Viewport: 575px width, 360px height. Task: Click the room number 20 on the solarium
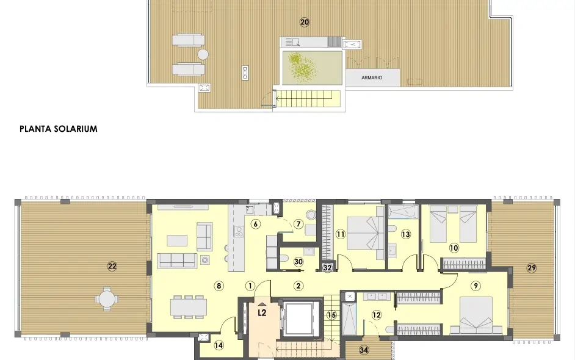pyautogui.click(x=305, y=22)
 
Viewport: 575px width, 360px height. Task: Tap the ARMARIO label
pyautogui.click(x=372, y=78)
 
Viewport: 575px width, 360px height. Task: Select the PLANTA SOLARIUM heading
pyautogui.click(x=59, y=129)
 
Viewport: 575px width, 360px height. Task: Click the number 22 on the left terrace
pyautogui.click(x=112, y=266)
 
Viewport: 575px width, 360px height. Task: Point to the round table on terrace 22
pyautogui.click(x=107, y=299)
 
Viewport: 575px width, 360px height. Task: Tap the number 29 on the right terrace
pyautogui.click(x=531, y=268)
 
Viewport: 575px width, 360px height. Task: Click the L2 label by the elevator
pyautogui.click(x=262, y=313)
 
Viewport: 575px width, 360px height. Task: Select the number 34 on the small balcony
pyautogui.click(x=364, y=350)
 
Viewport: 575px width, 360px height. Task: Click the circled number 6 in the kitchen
pyautogui.click(x=256, y=224)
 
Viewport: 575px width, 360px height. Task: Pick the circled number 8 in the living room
pyautogui.click(x=219, y=285)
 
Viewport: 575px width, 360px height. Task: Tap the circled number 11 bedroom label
pyautogui.click(x=341, y=234)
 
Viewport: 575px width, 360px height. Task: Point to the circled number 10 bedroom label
pyautogui.click(x=454, y=248)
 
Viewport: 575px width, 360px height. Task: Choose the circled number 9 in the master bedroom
pyautogui.click(x=476, y=286)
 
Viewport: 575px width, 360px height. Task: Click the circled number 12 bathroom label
pyautogui.click(x=376, y=315)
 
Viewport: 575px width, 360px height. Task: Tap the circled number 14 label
pyautogui.click(x=219, y=345)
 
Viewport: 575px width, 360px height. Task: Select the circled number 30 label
pyautogui.click(x=298, y=261)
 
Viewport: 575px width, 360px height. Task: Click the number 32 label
pyautogui.click(x=327, y=267)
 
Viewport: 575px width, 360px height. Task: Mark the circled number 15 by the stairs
pyautogui.click(x=331, y=315)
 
